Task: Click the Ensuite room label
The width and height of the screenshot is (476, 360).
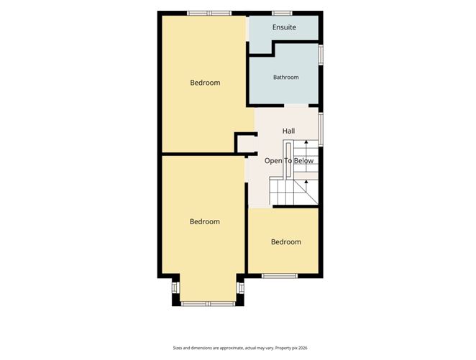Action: [x=284, y=27]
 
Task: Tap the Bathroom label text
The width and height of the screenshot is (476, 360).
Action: [x=286, y=78]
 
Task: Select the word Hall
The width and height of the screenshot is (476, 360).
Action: [x=288, y=131]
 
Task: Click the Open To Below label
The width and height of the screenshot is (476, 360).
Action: [x=289, y=161]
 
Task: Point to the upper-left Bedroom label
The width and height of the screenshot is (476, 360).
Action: [x=205, y=83]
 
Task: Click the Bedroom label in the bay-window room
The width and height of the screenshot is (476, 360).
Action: [x=205, y=222]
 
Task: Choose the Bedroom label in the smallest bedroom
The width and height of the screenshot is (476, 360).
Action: [x=286, y=242]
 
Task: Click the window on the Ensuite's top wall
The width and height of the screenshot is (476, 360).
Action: [x=282, y=13]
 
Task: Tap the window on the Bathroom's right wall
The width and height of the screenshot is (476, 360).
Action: [x=321, y=55]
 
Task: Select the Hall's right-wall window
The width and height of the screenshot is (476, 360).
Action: [x=321, y=130]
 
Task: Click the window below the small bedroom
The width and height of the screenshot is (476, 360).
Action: [x=280, y=276]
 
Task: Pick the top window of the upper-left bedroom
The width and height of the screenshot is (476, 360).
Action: [x=209, y=13]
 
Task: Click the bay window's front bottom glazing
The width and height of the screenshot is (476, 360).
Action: [x=208, y=303]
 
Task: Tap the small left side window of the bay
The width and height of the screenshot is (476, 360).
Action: [x=175, y=287]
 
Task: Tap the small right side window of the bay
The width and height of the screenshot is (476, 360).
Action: [x=241, y=287]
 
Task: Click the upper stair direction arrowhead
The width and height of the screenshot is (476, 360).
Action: [x=306, y=142]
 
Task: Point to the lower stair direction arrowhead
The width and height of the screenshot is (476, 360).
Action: [x=306, y=181]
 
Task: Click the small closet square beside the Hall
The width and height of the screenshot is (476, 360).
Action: [x=245, y=144]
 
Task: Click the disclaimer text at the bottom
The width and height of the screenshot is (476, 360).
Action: [x=240, y=349]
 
